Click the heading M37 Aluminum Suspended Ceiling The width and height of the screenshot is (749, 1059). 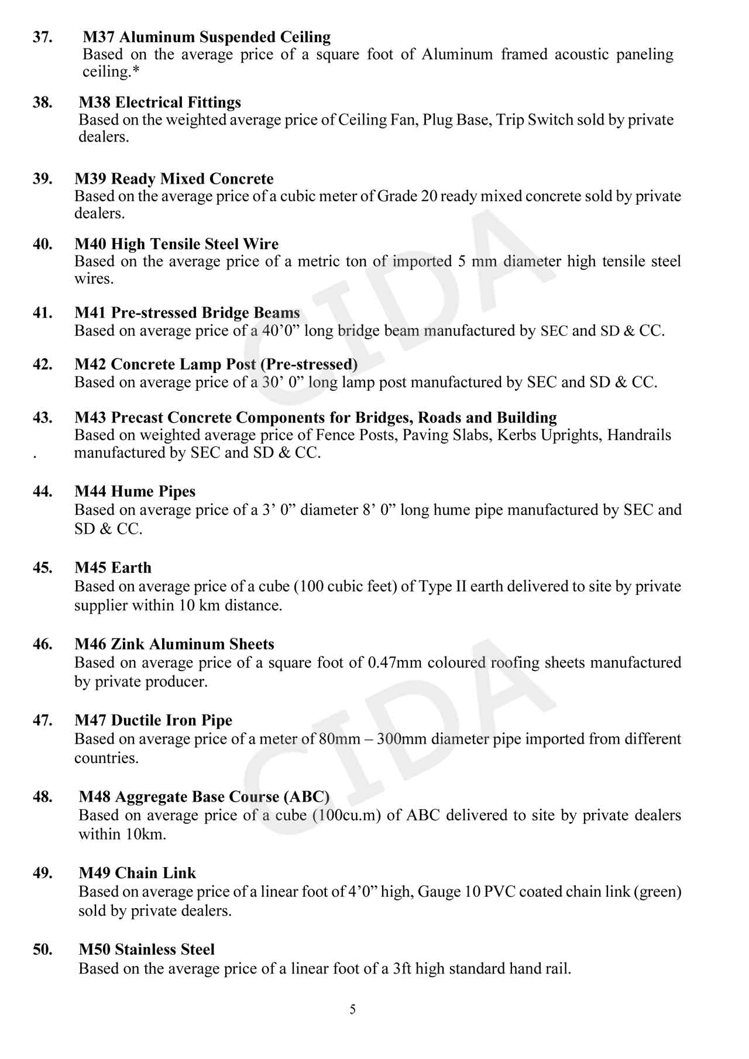207,37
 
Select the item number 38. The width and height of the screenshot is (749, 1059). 42,102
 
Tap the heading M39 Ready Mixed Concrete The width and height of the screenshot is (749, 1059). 174,178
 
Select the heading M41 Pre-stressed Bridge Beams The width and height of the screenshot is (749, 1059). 187,312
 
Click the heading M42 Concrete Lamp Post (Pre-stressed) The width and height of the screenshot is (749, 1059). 216,364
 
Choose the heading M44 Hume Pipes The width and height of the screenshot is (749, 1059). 135,491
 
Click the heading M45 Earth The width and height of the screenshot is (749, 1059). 113,568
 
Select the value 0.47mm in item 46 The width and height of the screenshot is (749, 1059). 395,662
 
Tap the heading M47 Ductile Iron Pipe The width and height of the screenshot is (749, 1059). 153,720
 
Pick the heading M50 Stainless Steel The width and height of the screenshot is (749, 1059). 147,949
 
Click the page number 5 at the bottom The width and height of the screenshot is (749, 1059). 352,1009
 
